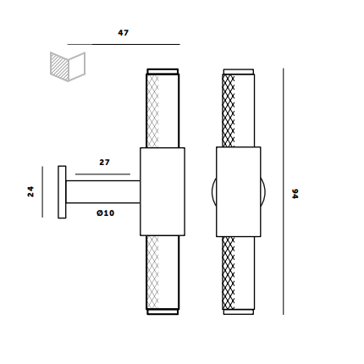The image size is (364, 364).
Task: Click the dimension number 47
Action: (124, 33)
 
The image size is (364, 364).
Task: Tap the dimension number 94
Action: (295, 193)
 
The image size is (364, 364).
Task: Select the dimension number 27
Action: (104, 162)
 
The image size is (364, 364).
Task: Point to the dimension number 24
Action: (31, 191)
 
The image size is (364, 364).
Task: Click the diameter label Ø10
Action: (105, 212)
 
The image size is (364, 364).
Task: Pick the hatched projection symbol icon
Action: (68, 65)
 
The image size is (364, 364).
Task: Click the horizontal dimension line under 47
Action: (124, 44)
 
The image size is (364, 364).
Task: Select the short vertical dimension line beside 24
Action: (42, 191)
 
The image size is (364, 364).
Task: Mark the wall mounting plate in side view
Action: (62, 192)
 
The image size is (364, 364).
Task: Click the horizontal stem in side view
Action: (102, 192)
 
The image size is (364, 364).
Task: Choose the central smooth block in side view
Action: (163, 192)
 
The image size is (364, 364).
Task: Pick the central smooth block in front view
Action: (238, 192)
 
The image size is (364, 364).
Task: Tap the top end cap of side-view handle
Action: (163, 71)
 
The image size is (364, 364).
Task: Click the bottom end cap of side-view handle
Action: (163, 312)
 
